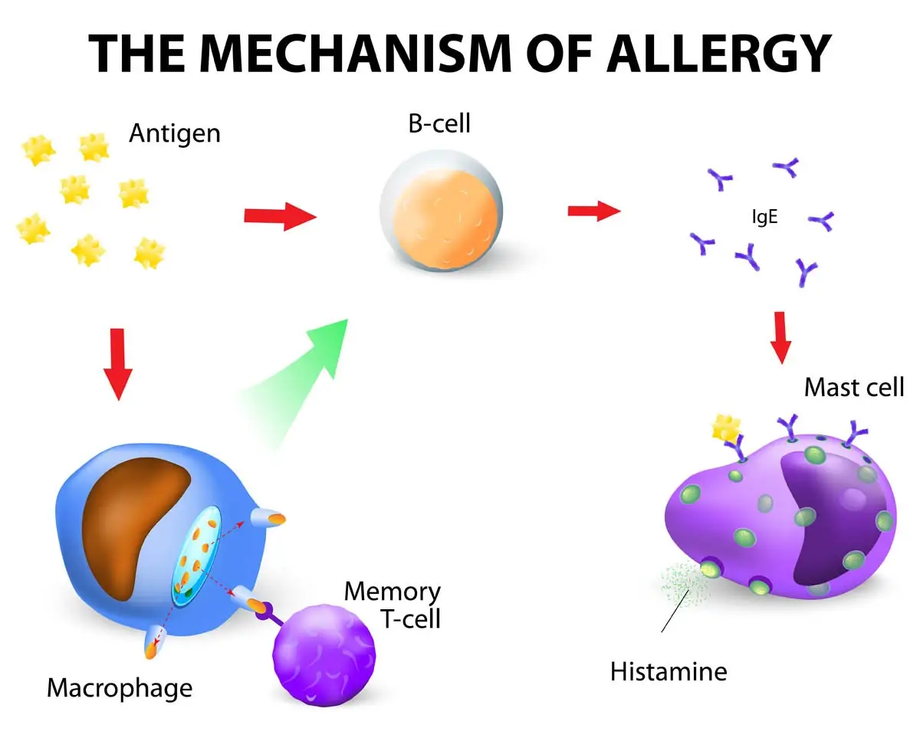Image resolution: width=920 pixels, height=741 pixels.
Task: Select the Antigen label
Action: click(174, 133)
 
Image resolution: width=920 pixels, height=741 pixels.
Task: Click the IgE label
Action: click(764, 217)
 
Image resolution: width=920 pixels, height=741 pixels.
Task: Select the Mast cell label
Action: click(853, 387)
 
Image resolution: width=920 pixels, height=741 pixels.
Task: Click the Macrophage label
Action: click(120, 687)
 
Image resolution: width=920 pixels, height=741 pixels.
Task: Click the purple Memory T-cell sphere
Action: click(324, 649)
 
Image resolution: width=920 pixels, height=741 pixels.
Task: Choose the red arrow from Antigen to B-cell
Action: click(280, 217)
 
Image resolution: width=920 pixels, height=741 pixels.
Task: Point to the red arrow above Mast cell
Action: click(780, 337)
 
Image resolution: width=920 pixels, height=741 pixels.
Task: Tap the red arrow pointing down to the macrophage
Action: click(117, 363)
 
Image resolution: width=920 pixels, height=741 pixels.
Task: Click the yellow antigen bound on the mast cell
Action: click(725, 428)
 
